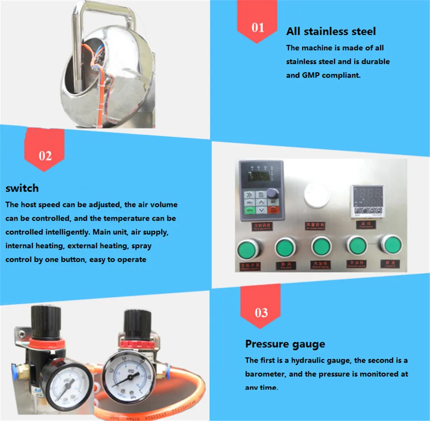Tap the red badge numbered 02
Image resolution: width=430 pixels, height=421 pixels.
pos(45,155)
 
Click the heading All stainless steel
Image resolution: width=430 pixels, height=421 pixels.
pos(331,31)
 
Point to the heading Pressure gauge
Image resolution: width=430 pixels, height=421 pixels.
pos(285,344)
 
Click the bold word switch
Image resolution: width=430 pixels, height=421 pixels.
pos(22,188)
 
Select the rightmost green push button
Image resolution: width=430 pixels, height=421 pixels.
pos(390,245)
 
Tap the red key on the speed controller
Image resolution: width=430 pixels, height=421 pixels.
pos(273,210)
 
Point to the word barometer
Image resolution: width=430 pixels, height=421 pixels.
pos(266,374)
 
